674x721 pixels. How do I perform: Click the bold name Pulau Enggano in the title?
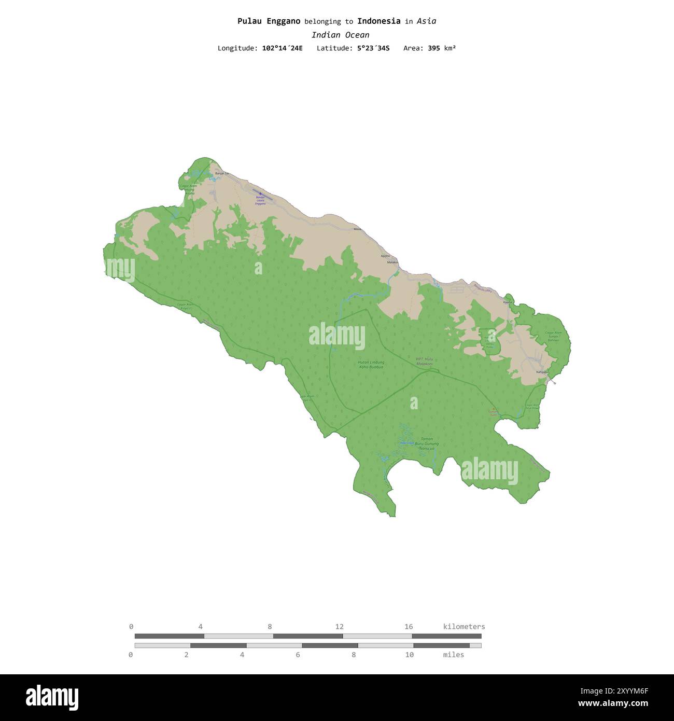(269, 21)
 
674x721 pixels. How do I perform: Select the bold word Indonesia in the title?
(378, 21)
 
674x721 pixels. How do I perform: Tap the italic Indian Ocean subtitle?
(340, 35)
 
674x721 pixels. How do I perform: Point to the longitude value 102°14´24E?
(282, 48)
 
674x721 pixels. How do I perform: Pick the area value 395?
(434, 48)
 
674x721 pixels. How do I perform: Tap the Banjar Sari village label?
(222, 173)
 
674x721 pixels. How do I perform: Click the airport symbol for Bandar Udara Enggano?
(260, 193)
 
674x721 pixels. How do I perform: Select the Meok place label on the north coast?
(357, 229)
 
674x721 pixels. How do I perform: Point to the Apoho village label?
(385, 256)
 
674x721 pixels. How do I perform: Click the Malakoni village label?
(392, 262)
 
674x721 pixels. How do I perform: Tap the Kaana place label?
(508, 302)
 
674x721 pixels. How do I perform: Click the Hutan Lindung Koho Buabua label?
(371, 365)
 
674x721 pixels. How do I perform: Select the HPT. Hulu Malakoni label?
(424, 361)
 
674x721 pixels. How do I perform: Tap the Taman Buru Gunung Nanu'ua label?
(427, 443)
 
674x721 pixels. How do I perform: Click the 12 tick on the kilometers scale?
(339, 627)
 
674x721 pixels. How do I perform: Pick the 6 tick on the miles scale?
(298, 655)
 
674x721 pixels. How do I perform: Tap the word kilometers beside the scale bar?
(464, 627)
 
